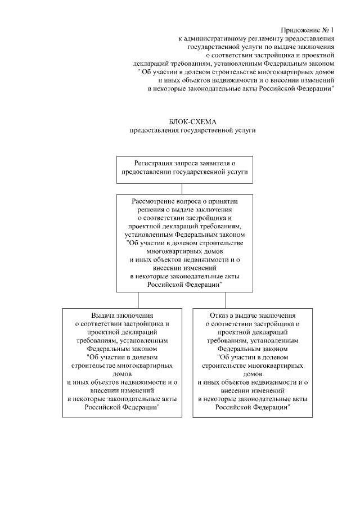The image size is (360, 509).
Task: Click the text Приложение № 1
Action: pyautogui.click(x=308, y=30)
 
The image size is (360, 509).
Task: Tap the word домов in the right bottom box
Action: pyautogui.click(x=252, y=373)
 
